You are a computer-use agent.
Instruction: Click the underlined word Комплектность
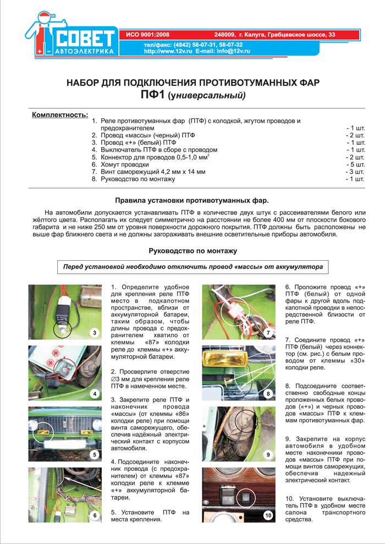pyautogui.click(x=60, y=115)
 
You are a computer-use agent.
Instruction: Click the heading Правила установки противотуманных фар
pyautogui.click(x=193, y=201)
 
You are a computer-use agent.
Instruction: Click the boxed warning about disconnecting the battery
pyautogui.click(x=193, y=267)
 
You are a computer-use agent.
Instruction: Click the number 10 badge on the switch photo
pyautogui.click(x=268, y=515)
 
